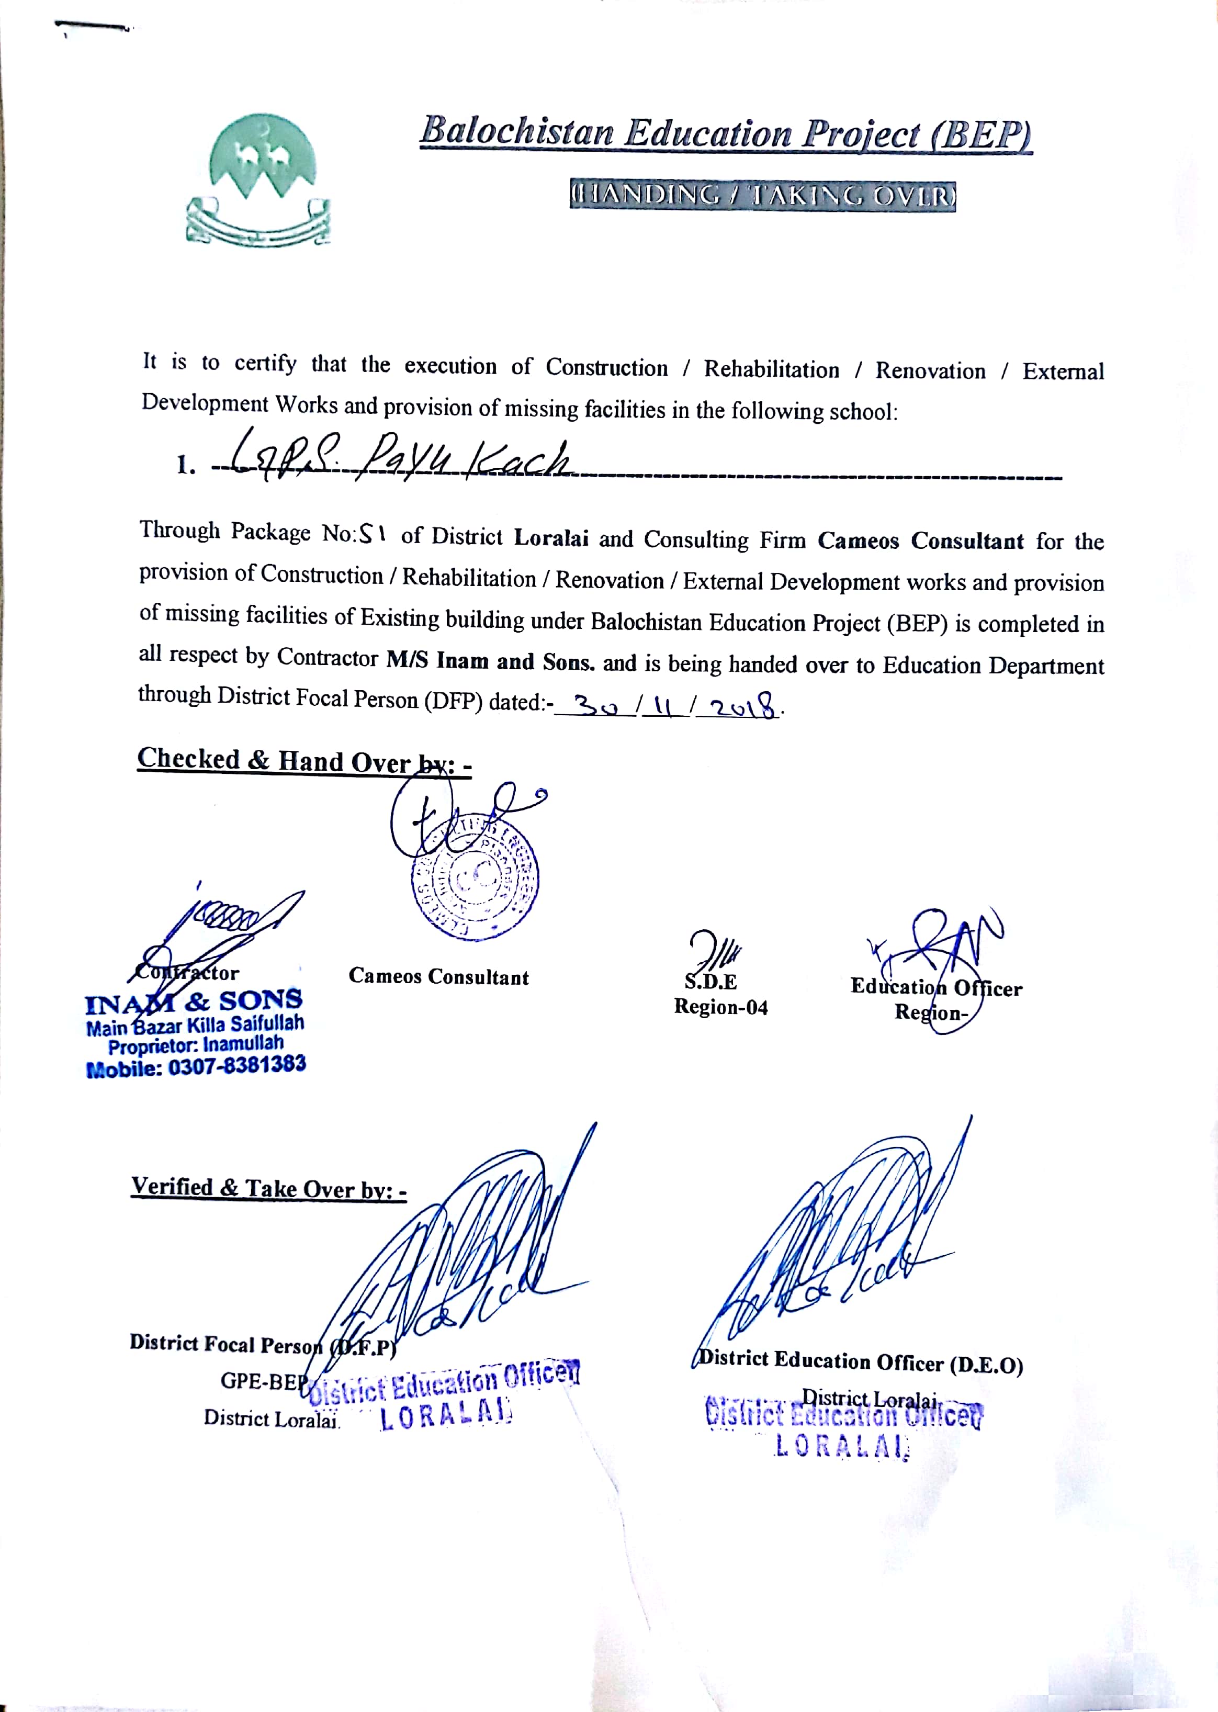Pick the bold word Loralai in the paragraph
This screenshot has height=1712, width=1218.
tap(550, 538)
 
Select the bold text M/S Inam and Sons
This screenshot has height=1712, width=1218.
tap(490, 661)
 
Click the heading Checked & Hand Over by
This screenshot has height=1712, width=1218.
tap(304, 760)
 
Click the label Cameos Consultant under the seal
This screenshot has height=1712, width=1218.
tap(439, 976)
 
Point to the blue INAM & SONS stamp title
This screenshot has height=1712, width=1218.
tap(194, 1001)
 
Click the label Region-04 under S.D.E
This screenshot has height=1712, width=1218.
tap(721, 1006)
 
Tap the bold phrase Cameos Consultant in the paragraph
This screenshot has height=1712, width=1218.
tap(920, 540)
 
